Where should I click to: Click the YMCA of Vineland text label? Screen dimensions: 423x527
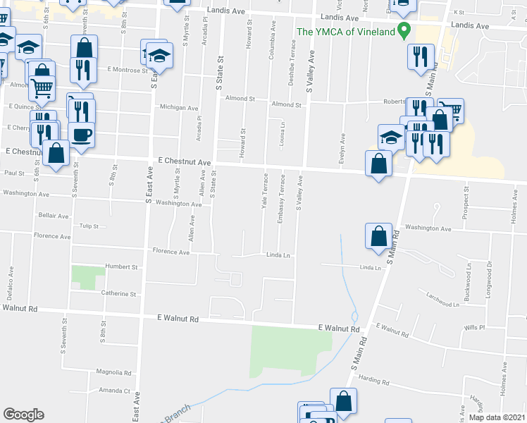click(x=345, y=31)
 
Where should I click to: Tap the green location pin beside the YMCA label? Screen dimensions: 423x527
click(x=404, y=30)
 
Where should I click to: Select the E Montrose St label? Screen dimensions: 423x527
click(x=128, y=70)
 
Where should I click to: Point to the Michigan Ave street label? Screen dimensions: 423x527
click(x=180, y=108)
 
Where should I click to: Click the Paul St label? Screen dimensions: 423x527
click(x=14, y=172)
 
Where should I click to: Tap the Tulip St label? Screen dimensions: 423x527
click(x=89, y=226)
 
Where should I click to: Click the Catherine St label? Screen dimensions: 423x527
click(x=118, y=293)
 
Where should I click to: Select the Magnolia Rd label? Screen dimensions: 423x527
click(x=114, y=372)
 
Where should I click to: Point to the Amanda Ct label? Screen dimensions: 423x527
click(x=115, y=390)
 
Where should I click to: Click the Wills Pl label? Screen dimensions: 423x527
click(x=473, y=328)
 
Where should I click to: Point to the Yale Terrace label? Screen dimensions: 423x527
click(x=265, y=191)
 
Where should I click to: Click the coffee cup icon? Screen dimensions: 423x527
click(x=81, y=135)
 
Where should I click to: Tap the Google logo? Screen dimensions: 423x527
click(x=23, y=415)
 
